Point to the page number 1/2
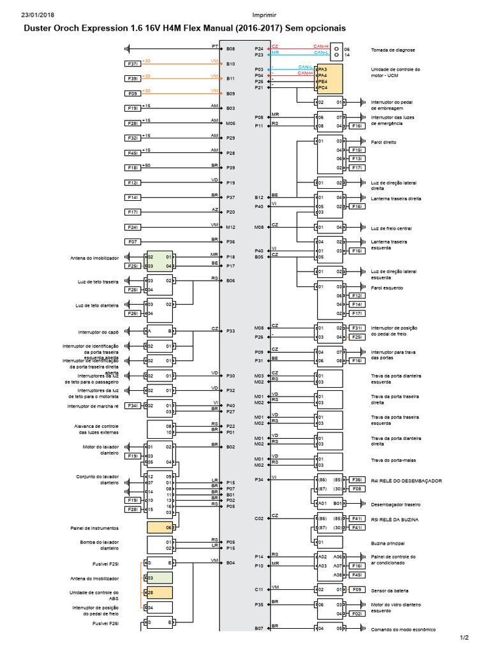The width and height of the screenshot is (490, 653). pos(464,637)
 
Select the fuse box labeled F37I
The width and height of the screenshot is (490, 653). pos(133,64)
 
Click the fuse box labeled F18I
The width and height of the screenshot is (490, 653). pos(133,168)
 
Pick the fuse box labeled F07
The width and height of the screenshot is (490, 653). pos(133,242)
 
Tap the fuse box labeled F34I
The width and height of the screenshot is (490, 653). pos(133,406)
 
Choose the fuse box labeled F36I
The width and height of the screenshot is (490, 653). pos(358,480)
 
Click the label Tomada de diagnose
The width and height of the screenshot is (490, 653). pos(392,49)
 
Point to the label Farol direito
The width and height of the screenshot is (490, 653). pos(383,142)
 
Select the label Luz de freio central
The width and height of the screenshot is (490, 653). pos(391,228)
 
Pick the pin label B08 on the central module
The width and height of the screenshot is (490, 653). pos(231,48)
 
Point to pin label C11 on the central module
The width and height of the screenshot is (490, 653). pos(259,589)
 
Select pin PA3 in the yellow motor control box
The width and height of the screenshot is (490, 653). pos(323,69)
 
